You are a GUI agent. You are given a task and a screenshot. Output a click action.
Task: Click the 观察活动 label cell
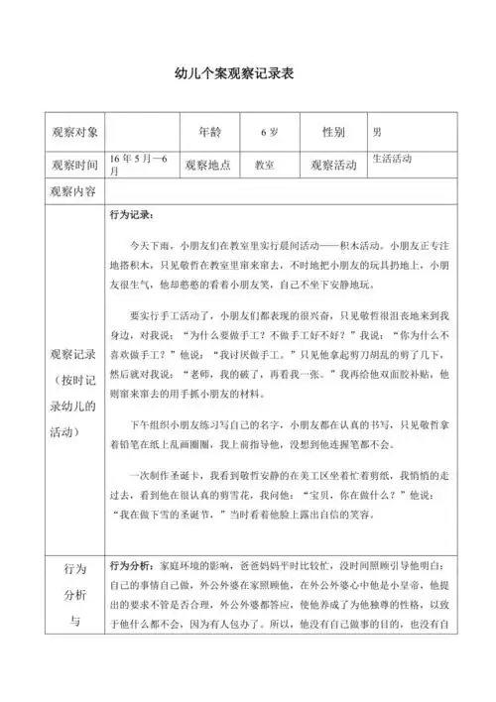coord(332,166)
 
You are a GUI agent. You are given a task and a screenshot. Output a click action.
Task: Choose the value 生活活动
coord(391,159)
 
